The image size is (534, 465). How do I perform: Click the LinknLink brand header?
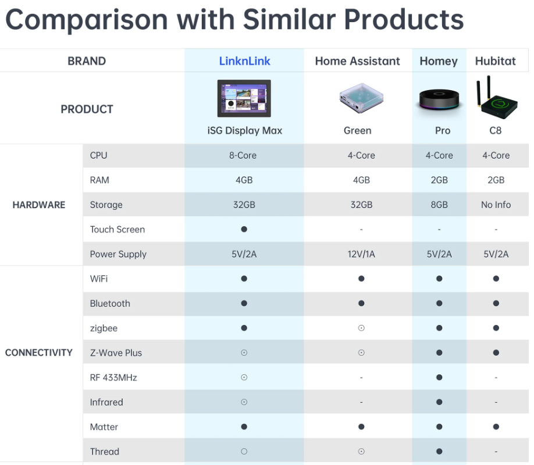click(x=244, y=61)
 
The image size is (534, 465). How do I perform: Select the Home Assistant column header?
click(x=357, y=61)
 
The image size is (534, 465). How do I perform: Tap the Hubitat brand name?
click(x=495, y=61)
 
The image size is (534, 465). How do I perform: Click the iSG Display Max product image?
click(x=244, y=98)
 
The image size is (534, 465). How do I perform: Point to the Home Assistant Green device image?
click(x=361, y=98)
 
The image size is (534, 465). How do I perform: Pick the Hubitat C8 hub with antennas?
click(x=497, y=97)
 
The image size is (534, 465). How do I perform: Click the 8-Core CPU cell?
click(x=243, y=156)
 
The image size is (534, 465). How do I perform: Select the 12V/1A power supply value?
click(x=361, y=254)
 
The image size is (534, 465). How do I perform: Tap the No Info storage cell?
click(x=496, y=205)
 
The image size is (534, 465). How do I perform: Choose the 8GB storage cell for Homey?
click(x=439, y=205)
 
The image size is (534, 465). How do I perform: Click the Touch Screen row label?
click(x=117, y=230)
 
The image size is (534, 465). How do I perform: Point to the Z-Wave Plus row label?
click(x=116, y=353)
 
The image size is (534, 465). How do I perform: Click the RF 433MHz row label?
click(x=113, y=377)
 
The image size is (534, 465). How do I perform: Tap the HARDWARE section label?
click(x=39, y=205)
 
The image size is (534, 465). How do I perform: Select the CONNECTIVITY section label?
click(x=39, y=353)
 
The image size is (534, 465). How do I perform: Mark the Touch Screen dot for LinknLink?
click(x=244, y=229)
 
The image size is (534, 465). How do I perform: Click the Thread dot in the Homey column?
click(x=439, y=452)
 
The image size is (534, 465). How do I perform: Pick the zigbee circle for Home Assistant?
click(x=361, y=328)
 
